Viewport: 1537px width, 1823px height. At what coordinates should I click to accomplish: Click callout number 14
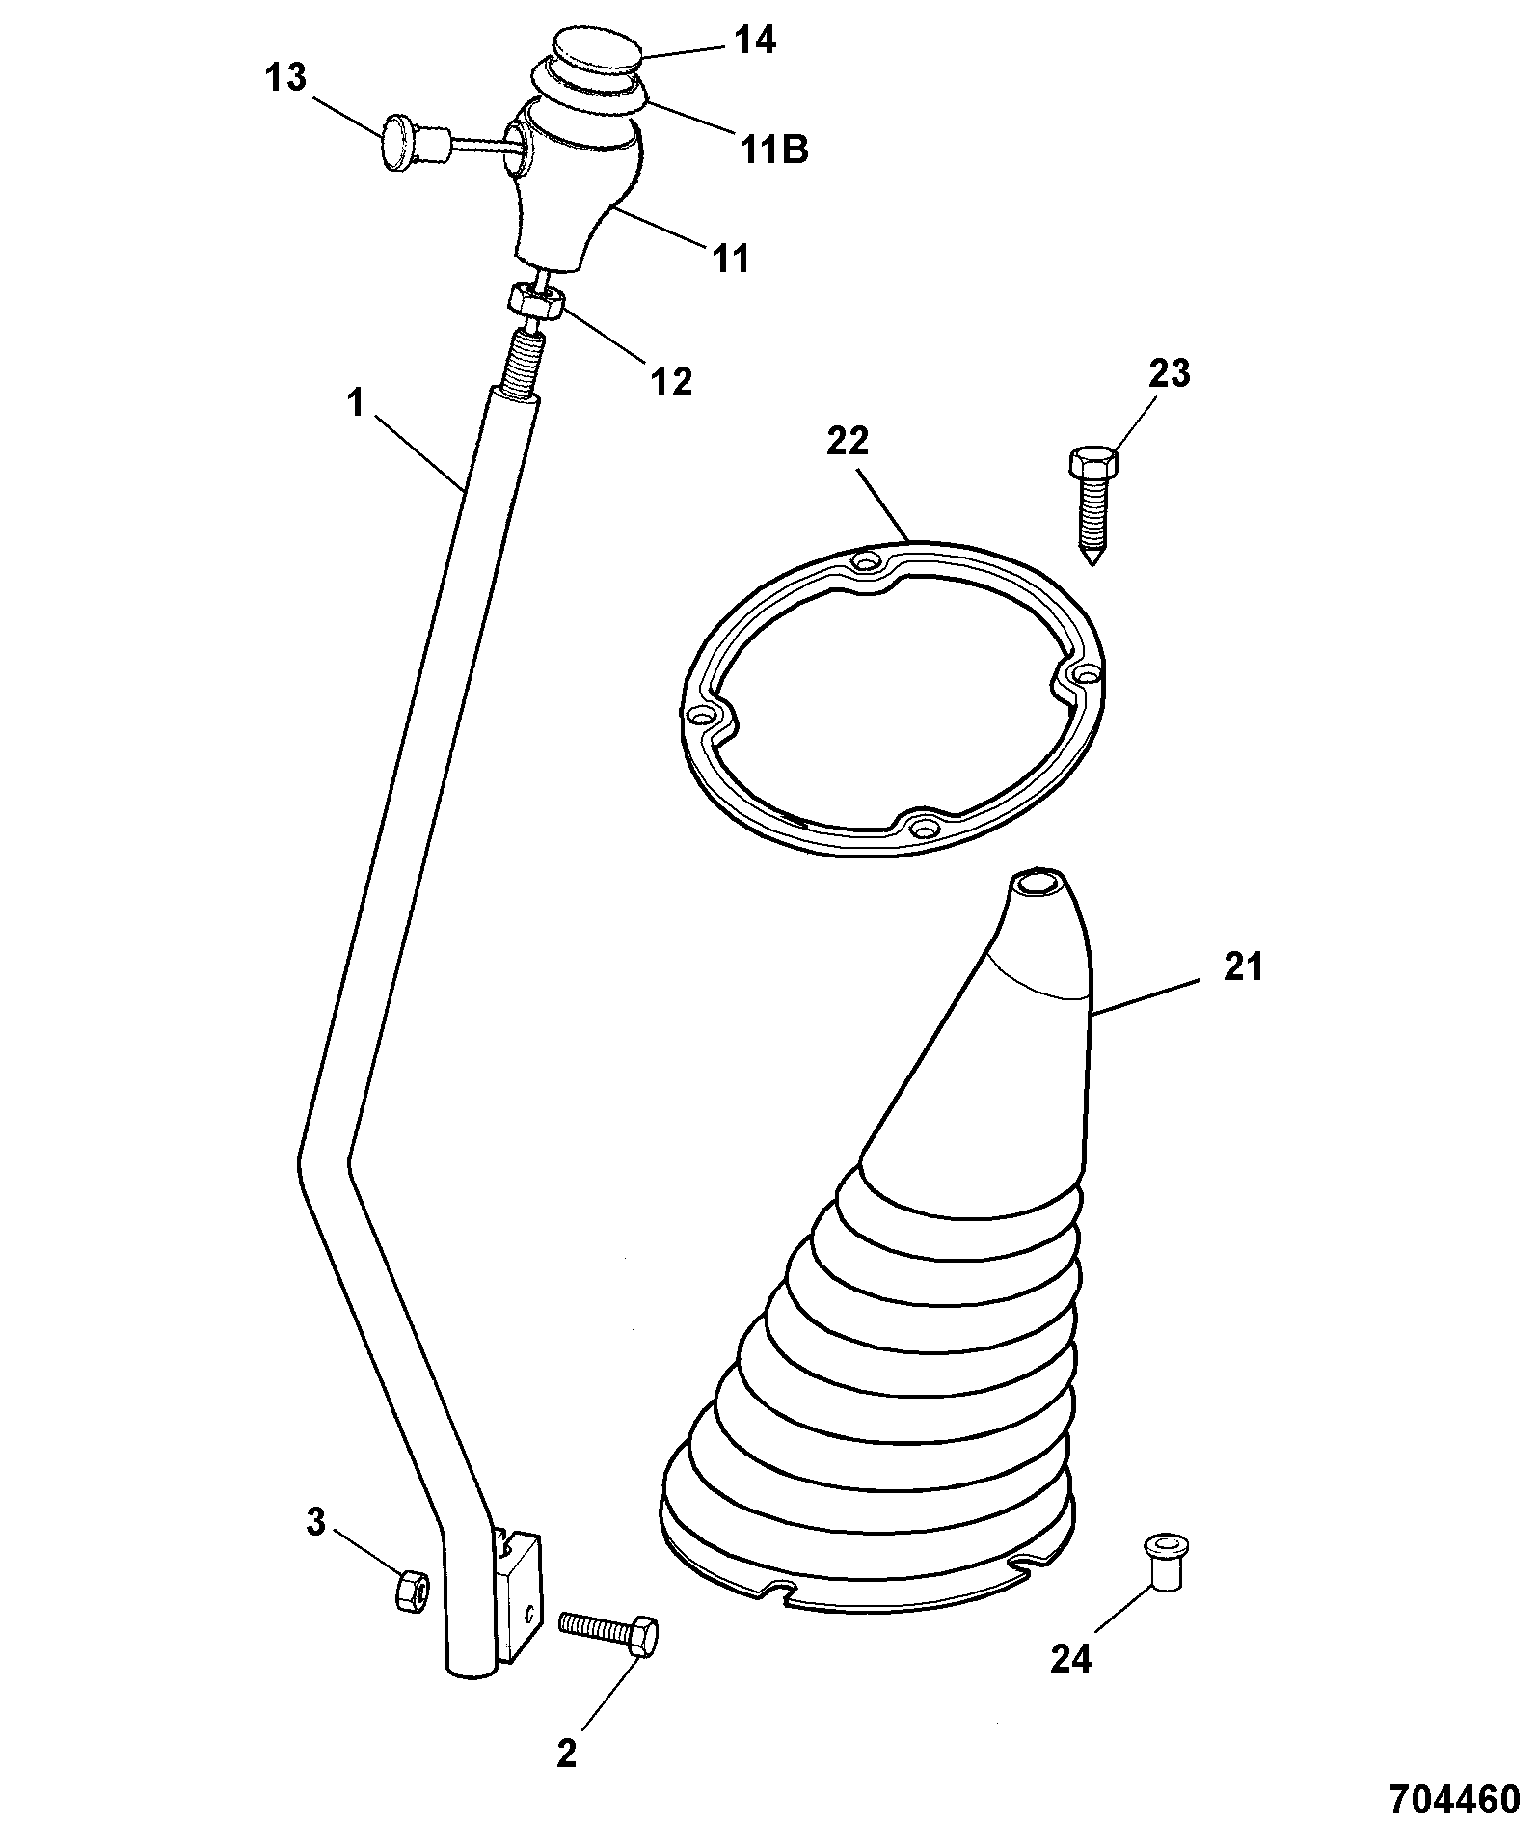755,41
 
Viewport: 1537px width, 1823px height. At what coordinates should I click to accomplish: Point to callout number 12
671,381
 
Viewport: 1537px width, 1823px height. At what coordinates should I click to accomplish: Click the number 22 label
848,442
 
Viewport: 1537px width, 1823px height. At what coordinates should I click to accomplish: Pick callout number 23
1169,373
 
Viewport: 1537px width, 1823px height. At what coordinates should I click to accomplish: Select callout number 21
1242,966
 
